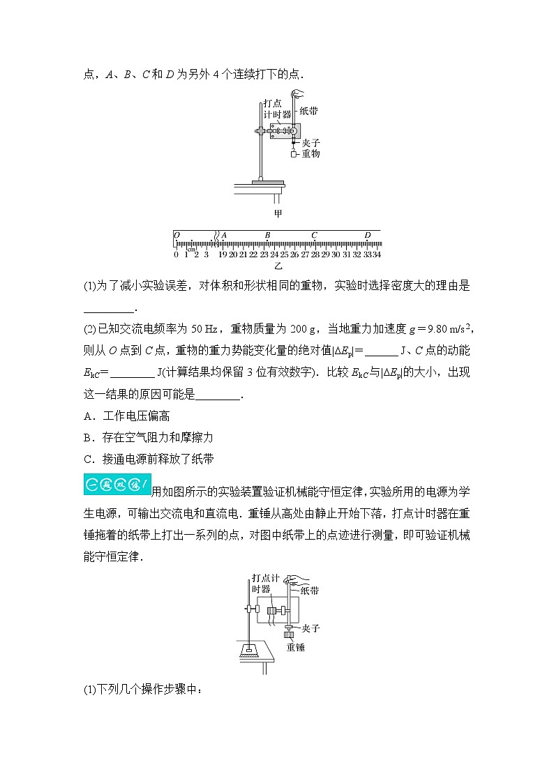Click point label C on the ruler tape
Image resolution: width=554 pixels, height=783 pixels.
(x=314, y=236)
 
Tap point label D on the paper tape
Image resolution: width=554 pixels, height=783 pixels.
(x=367, y=236)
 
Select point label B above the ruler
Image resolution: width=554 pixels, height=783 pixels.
(x=267, y=236)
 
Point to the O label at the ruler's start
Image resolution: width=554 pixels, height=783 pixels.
(x=177, y=236)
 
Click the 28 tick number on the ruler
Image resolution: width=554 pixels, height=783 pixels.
(x=315, y=254)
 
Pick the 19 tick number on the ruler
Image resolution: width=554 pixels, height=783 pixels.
(x=223, y=254)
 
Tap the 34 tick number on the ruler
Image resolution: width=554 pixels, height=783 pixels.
(x=376, y=254)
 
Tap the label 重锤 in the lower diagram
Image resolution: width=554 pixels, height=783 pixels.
(x=297, y=646)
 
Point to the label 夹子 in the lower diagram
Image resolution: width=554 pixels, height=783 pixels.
(x=310, y=628)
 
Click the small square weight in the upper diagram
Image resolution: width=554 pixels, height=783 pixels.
(x=294, y=154)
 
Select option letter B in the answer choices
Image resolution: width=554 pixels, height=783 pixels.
(x=87, y=437)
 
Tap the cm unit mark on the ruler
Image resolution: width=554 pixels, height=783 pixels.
(x=192, y=248)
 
